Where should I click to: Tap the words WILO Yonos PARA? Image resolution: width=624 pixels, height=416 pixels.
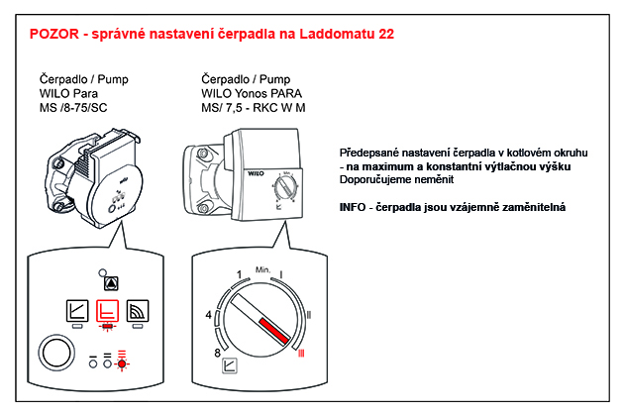point(253,93)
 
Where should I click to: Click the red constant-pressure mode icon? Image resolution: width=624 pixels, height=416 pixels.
point(107,311)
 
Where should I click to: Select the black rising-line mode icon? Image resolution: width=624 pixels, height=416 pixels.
point(75,311)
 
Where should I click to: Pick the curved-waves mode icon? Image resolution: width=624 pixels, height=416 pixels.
point(139,311)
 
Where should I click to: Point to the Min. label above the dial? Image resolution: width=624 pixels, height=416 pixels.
point(262,269)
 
